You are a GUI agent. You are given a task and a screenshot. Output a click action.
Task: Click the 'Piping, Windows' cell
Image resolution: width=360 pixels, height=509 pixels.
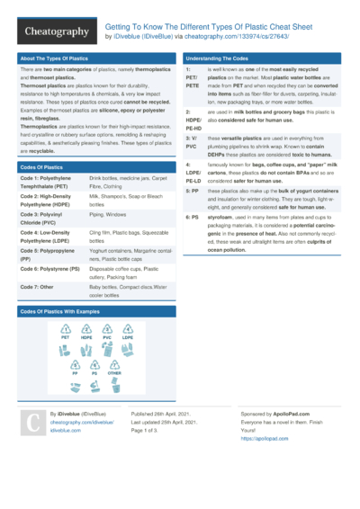(x=109, y=216)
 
